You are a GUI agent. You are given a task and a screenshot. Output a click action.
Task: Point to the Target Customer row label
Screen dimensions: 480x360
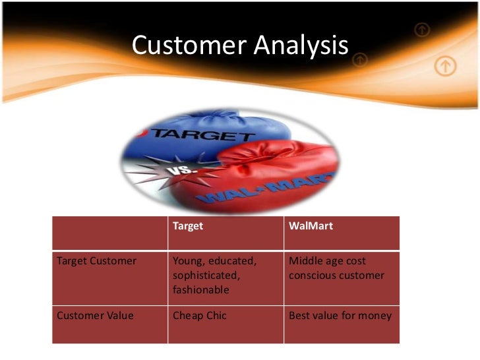[x=97, y=261]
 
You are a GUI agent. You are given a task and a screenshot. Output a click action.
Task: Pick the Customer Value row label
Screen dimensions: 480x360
[x=96, y=316]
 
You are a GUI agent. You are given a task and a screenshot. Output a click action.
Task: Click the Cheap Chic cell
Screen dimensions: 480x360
[x=199, y=316]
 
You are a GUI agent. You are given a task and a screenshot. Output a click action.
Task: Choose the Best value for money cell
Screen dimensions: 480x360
[x=340, y=316]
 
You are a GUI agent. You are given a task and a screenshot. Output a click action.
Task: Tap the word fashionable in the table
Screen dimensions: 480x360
[x=200, y=289]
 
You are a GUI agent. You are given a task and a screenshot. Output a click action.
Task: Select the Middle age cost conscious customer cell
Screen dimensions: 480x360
[x=336, y=268]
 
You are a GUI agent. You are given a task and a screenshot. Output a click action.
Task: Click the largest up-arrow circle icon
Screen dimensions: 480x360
[x=446, y=65]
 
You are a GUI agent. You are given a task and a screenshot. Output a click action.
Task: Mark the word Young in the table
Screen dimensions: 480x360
[x=187, y=261]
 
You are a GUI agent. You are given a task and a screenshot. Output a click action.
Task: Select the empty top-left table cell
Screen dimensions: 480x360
[x=109, y=232]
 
